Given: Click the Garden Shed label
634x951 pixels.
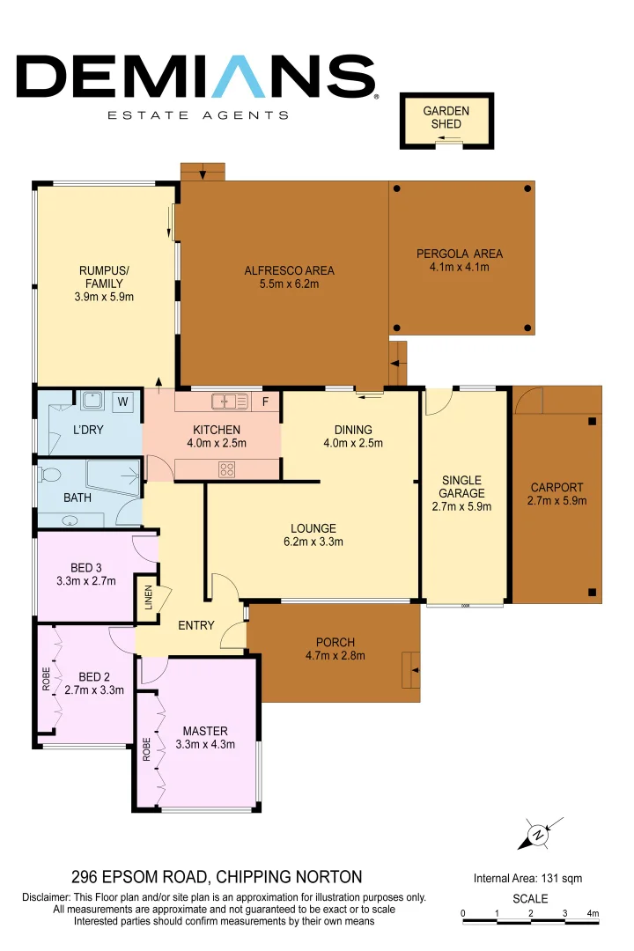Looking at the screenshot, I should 446,117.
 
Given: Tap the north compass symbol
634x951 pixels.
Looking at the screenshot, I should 537,835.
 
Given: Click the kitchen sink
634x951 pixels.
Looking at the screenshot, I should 231,402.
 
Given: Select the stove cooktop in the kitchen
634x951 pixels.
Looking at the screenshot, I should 227,470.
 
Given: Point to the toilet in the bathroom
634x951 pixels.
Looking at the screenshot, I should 51,476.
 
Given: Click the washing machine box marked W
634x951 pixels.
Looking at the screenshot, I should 123,402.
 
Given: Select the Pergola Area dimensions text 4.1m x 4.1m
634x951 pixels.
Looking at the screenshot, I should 459,267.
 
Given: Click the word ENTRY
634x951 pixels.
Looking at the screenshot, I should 195,625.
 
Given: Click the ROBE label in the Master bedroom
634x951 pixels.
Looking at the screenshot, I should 146,748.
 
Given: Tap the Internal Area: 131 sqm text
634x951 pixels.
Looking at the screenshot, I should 527,878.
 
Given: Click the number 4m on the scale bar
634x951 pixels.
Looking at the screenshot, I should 593,913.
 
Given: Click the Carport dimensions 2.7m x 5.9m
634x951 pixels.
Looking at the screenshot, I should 557,501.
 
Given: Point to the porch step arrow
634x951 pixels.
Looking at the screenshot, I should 411,671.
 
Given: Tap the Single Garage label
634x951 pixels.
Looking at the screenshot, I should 461,486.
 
